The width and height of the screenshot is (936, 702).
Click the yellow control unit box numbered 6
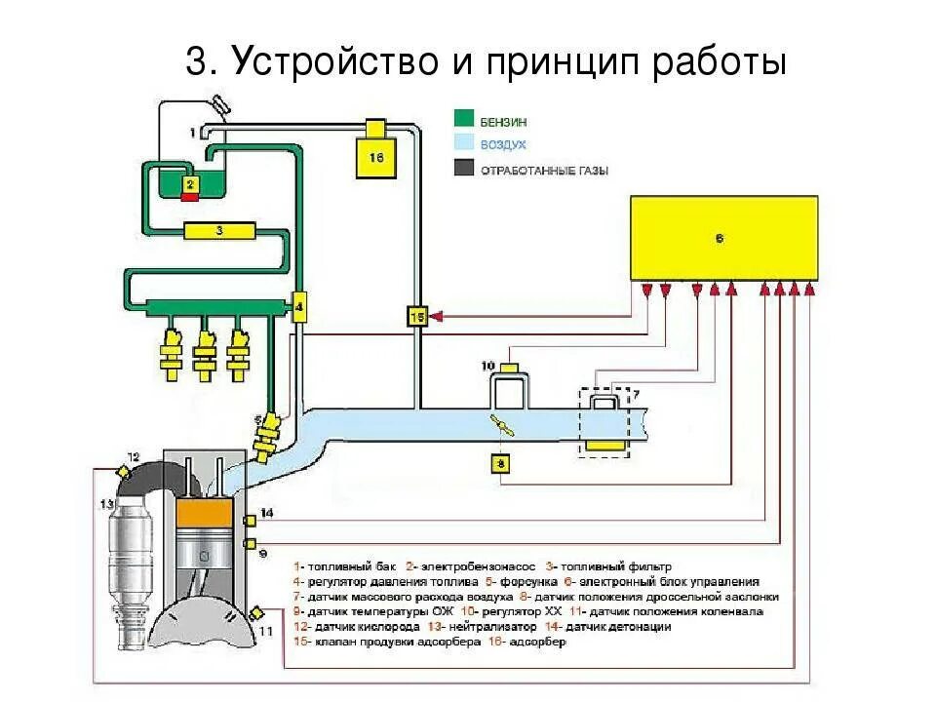coord(723,237)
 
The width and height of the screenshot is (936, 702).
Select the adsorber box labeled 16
coord(376,154)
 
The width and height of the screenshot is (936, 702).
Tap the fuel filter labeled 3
coord(219,231)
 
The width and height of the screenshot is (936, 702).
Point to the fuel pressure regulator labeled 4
coord(299,306)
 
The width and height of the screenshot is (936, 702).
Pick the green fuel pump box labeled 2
coord(190,183)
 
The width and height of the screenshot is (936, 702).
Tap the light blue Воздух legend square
coord(465,144)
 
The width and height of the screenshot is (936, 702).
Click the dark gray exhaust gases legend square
coord(465,169)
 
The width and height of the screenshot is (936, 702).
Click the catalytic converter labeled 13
coord(133,557)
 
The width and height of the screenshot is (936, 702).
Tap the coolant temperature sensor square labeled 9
coord(251,543)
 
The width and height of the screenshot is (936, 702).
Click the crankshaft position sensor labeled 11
coord(257,612)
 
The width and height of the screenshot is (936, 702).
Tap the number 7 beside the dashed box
coord(637,394)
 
